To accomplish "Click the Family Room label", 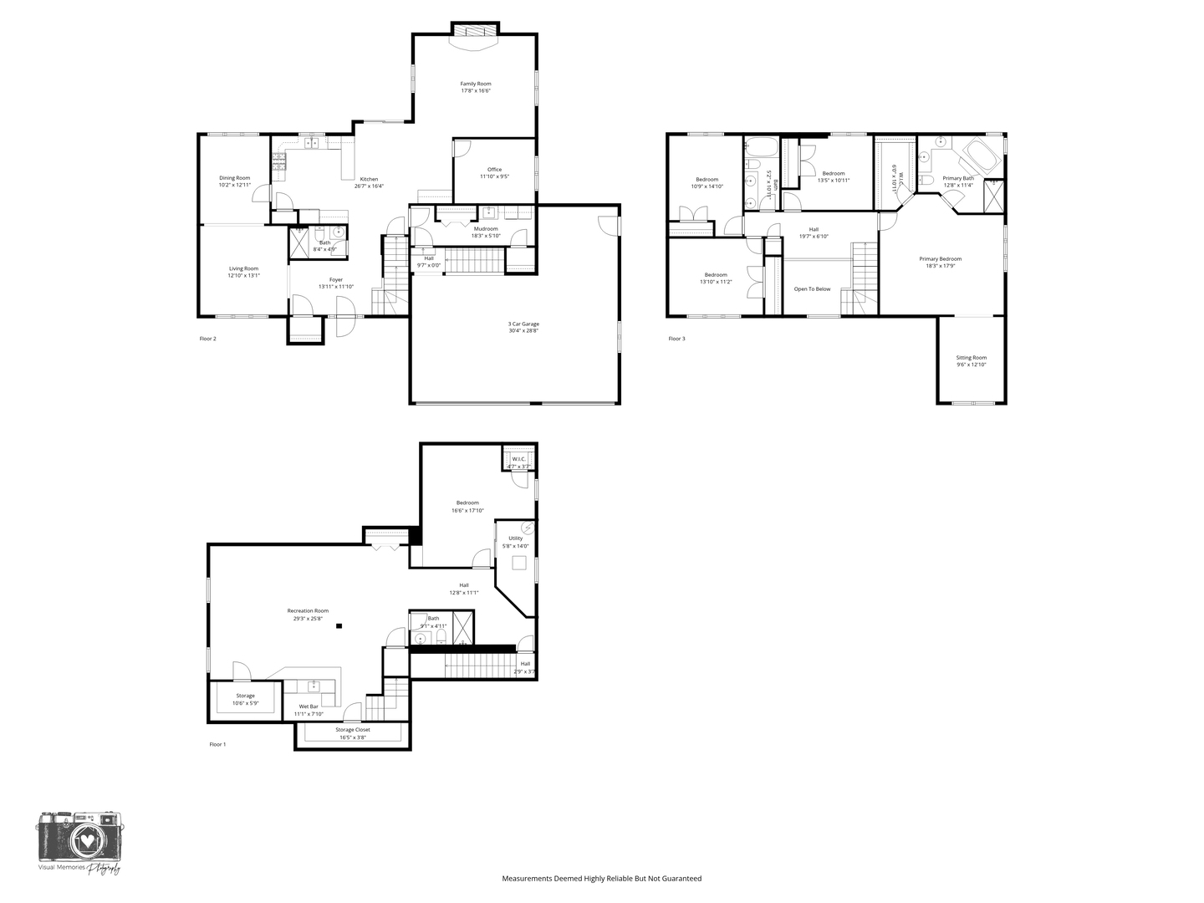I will [x=475, y=84].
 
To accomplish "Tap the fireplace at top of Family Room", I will [x=475, y=31].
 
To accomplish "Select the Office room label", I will [x=494, y=170].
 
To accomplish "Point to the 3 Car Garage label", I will [x=523, y=324].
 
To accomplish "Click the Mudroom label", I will [x=485, y=228].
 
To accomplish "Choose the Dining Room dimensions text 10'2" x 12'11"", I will [x=234, y=185].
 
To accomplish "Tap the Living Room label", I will [x=243, y=268].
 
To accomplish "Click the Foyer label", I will [x=335, y=280].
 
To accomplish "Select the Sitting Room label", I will [x=971, y=358].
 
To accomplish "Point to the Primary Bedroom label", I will [x=940, y=259].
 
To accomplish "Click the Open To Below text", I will [x=812, y=289].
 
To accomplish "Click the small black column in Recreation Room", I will [x=339, y=625].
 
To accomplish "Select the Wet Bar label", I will [x=308, y=707].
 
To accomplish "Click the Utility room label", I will [x=515, y=538].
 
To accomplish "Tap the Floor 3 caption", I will [x=676, y=339].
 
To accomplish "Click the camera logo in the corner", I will [x=79, y=836].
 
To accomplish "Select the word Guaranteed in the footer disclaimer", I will [x=680, y=879].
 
